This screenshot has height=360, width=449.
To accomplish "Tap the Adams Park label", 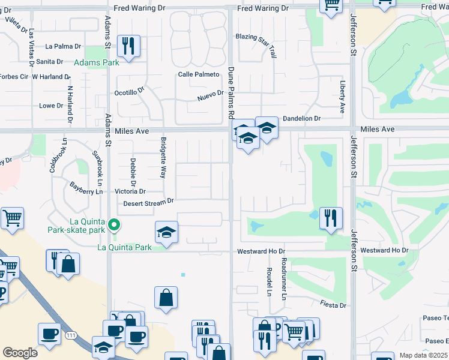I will point(96,62).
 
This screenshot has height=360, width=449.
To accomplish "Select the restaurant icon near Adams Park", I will point(128,46).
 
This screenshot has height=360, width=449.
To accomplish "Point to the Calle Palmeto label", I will point(198,74).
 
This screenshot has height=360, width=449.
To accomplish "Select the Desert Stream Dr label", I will point(148,202).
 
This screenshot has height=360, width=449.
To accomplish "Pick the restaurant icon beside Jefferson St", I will point(331,218).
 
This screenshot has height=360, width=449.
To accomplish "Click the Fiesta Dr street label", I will point(333,305).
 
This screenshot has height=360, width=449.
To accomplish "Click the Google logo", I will point(20,353).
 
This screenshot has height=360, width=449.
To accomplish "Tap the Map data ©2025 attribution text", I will point(423,355).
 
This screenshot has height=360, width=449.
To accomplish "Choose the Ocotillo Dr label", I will point(130,92).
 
